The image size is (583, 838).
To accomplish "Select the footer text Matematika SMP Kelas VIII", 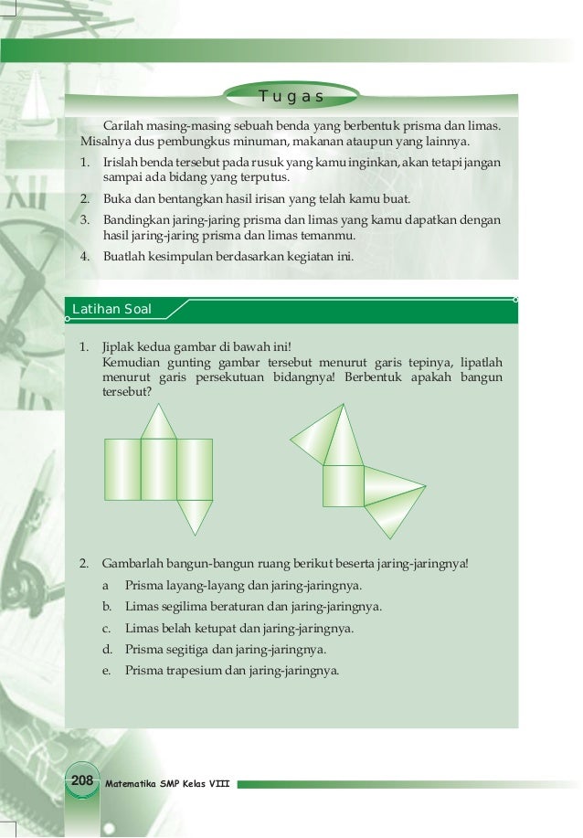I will [170, 783].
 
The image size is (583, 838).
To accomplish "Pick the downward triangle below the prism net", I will [194, 515].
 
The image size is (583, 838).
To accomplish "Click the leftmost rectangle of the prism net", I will [123, 469].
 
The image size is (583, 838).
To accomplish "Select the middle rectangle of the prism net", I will [159, 469].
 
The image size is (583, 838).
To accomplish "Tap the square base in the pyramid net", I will [344, 485].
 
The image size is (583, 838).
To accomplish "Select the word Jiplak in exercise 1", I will [118, 348].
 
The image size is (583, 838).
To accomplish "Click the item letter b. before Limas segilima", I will [107, 606].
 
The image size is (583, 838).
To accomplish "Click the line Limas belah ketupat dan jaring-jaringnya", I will [238, 628].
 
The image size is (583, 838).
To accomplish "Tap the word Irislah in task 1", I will [122, 163].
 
